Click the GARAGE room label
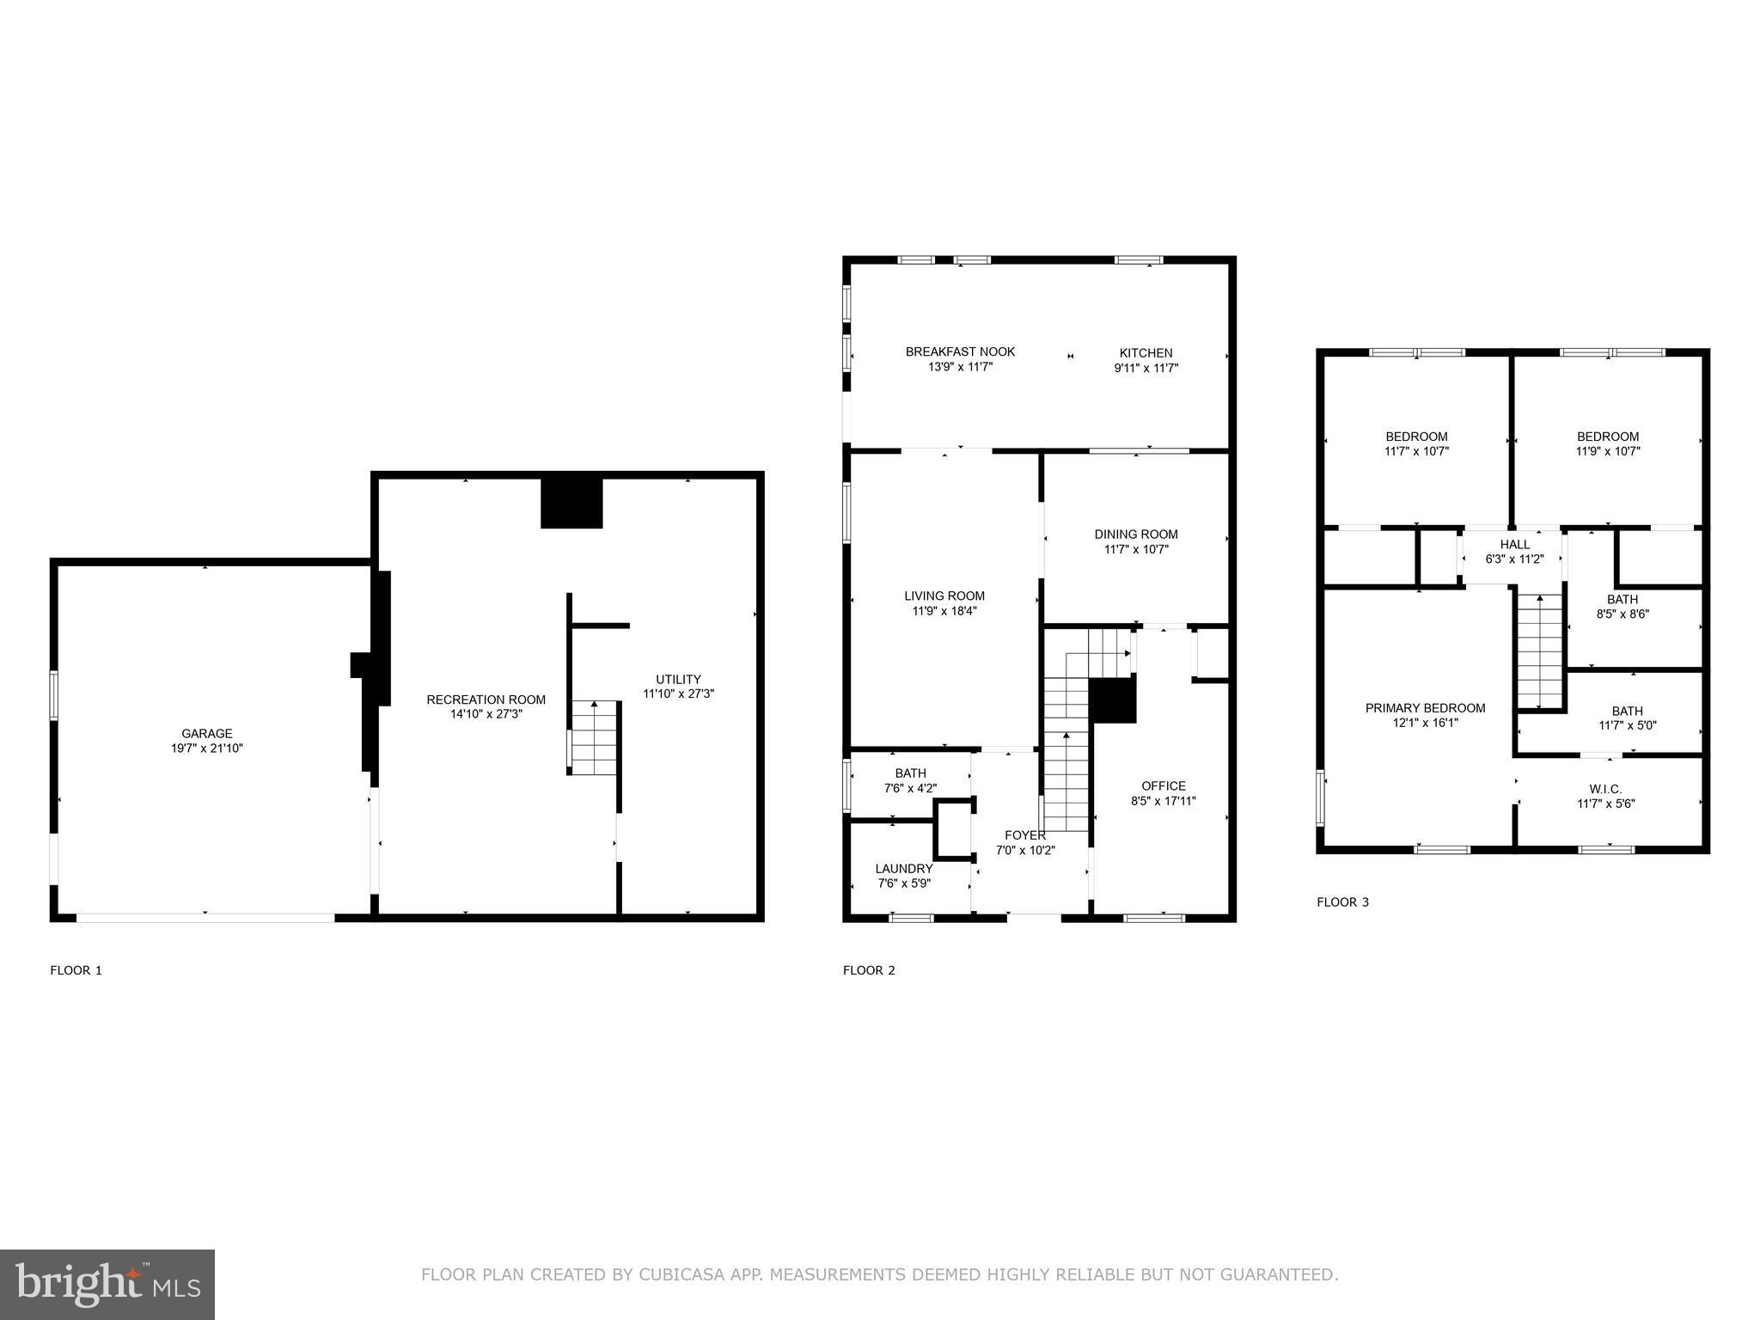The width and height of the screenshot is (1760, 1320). point(206,733)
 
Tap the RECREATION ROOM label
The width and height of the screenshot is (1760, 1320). point(486,700)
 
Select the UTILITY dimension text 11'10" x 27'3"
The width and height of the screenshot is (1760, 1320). point(678,694)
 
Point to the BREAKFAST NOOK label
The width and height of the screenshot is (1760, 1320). point(960,351)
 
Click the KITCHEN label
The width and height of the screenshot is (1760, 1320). point(1146,352)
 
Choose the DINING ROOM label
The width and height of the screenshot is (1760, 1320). point(1135,534)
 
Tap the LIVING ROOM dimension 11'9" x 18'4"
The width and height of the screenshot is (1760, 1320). point(944,611)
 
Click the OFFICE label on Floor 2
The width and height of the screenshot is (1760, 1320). point(1163,785)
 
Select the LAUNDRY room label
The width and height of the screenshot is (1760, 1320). point(903,869)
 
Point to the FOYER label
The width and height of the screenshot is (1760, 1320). point(1024,835)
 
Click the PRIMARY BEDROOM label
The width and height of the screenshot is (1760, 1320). point(1425,708)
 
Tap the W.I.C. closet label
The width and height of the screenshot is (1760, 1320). point(1605,789)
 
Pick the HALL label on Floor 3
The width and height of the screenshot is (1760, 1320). point(1514,544)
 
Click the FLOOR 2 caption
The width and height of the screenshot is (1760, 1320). point(869,970)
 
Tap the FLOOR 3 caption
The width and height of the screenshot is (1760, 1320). point(1342,901)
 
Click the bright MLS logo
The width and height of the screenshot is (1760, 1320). point(107,1284)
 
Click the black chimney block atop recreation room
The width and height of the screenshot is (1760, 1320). point(571,503)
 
